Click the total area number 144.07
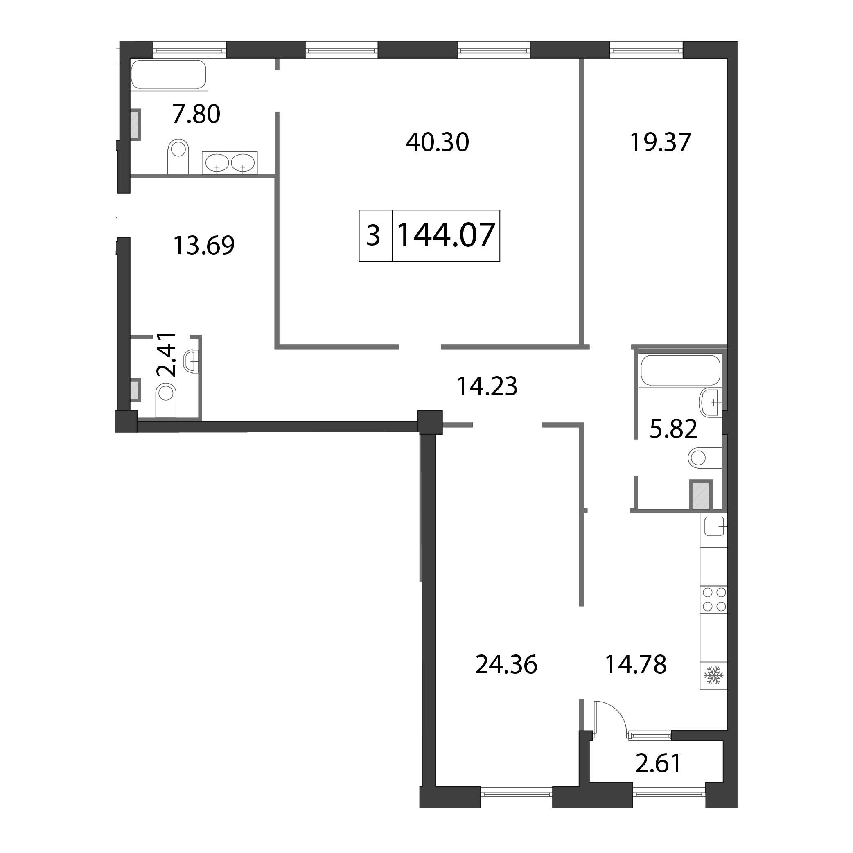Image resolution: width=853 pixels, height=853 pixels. click(x=446, y=235)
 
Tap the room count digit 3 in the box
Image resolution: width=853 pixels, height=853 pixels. click(x=374, y=236)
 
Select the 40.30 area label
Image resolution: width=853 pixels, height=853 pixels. click(x=437, y=142)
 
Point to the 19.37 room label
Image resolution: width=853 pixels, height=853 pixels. click(x=660, y=142)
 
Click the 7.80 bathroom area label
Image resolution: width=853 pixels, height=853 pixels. click(x=196, y=114)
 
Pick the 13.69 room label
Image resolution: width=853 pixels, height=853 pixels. click(x=203, y=246)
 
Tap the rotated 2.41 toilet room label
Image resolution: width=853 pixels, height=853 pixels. click(x=167, y=354)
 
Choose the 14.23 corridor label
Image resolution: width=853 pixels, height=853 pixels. click(x=487, y=386)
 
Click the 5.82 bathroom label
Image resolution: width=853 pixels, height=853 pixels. click(x=673, y=429)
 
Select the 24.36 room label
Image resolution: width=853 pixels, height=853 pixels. click(x=506, y=664)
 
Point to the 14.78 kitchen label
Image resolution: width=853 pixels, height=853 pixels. click(x=636, y=664)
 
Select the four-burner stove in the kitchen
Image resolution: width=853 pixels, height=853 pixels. click(x=713, y=600)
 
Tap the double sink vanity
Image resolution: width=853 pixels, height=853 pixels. click(x=230, y=162)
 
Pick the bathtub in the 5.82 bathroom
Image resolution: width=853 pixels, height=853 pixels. click(x=680, y=371)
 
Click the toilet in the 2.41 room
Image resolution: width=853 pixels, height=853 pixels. click(x=166, y=400)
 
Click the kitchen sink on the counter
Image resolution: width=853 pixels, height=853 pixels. click(x=713, y=527)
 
